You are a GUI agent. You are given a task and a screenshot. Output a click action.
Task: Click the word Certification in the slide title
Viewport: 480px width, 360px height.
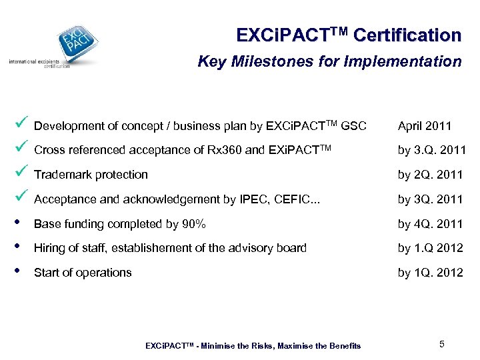(407, 35)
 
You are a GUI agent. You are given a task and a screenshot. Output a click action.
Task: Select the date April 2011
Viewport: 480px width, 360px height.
(425, 126)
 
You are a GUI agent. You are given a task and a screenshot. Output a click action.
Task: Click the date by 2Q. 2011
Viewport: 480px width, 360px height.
(430, 175)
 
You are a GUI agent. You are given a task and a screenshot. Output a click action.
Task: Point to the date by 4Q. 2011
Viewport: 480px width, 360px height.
(430, 224)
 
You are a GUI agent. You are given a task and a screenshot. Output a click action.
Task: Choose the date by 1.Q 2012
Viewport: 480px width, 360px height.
(430, 248)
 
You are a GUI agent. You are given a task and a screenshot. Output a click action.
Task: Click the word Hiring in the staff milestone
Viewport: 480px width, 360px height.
(49, 249)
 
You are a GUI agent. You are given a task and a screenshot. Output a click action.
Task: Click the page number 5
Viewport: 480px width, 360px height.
(441, 344)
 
